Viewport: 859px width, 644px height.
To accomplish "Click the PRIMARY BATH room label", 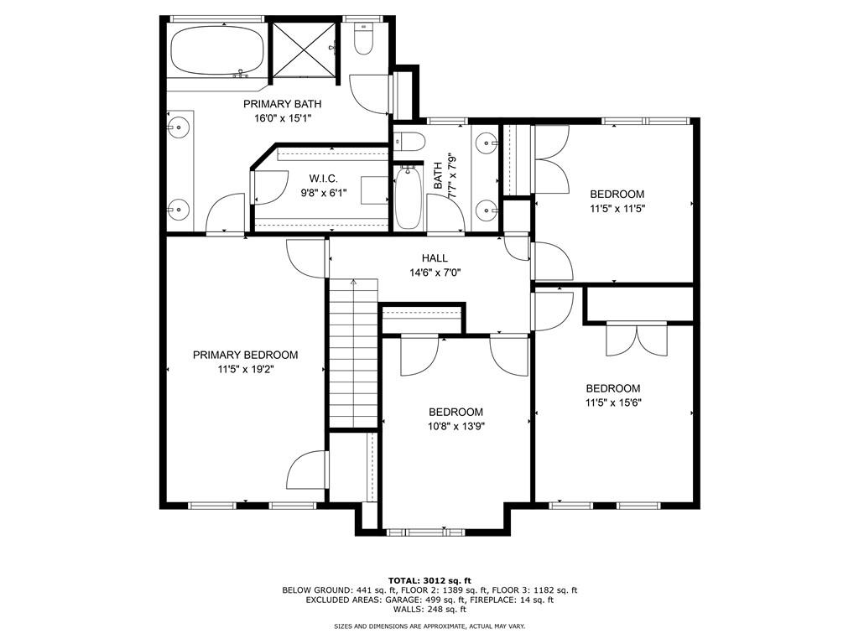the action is (x=282, y=104).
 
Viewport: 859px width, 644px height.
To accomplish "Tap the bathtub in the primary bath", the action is (x=217, y=50).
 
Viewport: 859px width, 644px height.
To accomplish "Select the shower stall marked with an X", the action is (x=304, y=50).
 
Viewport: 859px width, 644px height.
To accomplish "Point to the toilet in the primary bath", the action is (x=363, y=39).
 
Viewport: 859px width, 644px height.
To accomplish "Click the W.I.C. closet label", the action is (x=323, y=179).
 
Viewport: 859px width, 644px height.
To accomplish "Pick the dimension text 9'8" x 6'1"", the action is (x=323, y=193).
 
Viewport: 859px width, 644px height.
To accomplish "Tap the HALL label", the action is (x=435, y=258).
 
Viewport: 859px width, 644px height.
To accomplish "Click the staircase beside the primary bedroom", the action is (x=353, y=353).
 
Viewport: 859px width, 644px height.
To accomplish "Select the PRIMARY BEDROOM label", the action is (x=246, y=355).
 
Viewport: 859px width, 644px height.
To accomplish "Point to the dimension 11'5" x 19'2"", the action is (x=246, y=370).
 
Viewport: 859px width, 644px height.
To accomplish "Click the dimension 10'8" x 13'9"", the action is (x=456, y=427).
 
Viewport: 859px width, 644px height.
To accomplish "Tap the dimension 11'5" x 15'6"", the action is (x=613, y=403).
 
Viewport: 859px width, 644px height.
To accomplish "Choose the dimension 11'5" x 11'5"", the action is (x=617, y=209).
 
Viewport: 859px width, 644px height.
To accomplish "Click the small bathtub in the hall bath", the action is (x=407, y=197).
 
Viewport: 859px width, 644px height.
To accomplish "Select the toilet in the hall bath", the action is (x=409, y=142).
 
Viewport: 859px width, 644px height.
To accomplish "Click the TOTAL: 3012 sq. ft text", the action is (x=429, y=580).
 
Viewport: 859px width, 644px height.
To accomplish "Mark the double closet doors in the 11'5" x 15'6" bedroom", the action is (x=637, y=340).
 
